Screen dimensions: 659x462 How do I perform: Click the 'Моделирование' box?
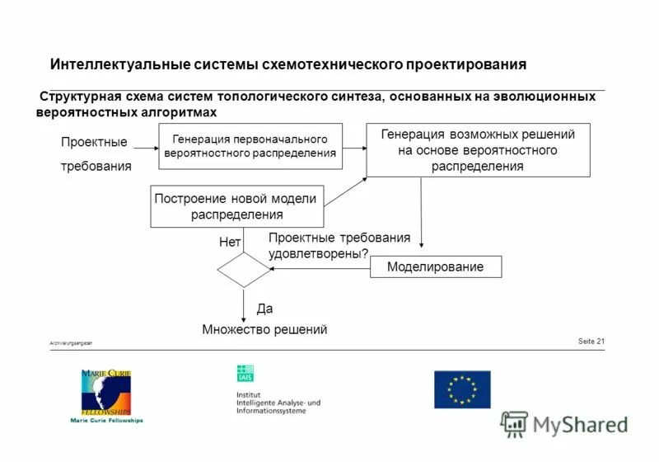[435, 266]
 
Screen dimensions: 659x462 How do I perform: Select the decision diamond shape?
[244, 270]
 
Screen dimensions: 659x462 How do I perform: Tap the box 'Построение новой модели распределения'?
[237, 206]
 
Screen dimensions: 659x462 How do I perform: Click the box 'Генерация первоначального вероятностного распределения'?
[250, 146]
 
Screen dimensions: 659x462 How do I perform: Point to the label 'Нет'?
[230, 243]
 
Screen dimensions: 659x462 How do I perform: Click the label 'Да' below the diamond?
[264, 309]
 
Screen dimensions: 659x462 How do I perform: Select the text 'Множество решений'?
[264, 329]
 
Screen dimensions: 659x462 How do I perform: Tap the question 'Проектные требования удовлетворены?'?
[339, 246]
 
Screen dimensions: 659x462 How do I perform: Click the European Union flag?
[462, 389]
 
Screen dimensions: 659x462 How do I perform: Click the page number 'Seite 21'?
[591, 342]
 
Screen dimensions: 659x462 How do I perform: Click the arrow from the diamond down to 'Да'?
[244, 305]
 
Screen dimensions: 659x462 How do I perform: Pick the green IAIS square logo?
[245, 373]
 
